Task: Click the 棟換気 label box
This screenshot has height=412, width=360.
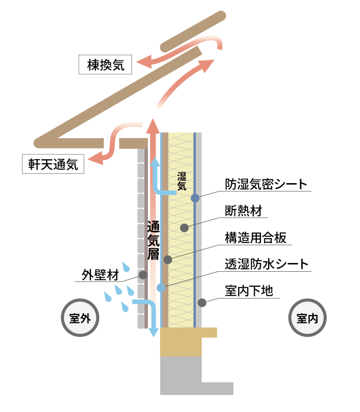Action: (105, 64)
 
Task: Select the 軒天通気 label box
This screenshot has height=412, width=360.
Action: (53, 164)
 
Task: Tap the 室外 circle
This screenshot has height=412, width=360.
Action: (80, 318)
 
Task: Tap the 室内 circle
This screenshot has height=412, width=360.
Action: (307, 318)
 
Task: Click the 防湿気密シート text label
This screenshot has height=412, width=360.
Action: (266, 184)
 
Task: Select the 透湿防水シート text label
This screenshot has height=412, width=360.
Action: (267, 264)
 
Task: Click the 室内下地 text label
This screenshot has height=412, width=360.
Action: (249, 291)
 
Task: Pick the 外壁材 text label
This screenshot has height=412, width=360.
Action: (100, 274)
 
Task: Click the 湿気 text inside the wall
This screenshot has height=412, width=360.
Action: (181, 181)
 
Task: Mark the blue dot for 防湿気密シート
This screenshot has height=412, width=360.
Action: (195, 198)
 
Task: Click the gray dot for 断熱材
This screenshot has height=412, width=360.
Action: (184, 227)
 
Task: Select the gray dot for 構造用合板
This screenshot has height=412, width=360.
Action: (168, 260)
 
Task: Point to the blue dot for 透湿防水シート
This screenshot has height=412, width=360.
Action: (161, 288)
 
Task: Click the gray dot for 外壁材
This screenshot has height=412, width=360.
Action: (143, 275)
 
